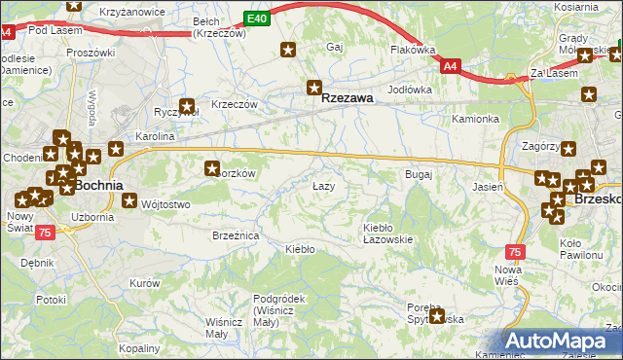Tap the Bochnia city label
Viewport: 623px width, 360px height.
point(98,185)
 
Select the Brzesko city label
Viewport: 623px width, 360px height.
point(598,198)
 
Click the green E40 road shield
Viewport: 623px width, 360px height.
point(256,18)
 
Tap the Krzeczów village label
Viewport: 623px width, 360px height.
point(234,105)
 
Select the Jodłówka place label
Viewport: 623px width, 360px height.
point(409,90)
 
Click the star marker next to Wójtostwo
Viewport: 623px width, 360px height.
point(130,201)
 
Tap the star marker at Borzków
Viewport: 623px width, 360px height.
point(211,168)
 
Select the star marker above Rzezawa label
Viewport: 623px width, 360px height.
point(313,86)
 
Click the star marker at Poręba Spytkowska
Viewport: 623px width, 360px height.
point(437,314)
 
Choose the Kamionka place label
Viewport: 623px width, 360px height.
point(475,119)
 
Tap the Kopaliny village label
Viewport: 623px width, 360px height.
point(138,347)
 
